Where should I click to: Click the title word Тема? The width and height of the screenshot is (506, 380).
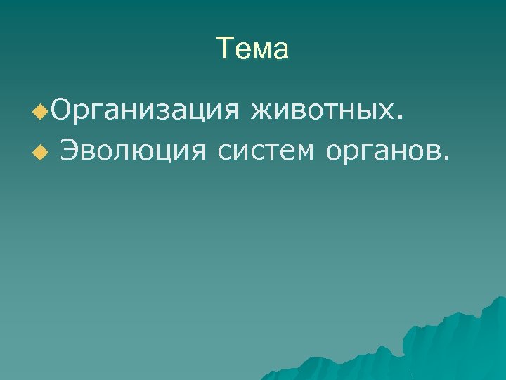[252, 49]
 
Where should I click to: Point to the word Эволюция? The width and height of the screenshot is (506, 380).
[134, 149]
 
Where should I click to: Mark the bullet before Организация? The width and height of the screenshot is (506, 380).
[44, 111]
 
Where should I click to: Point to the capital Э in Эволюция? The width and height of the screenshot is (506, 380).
[70, 148]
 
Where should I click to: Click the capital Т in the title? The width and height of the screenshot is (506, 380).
[225, 49]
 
